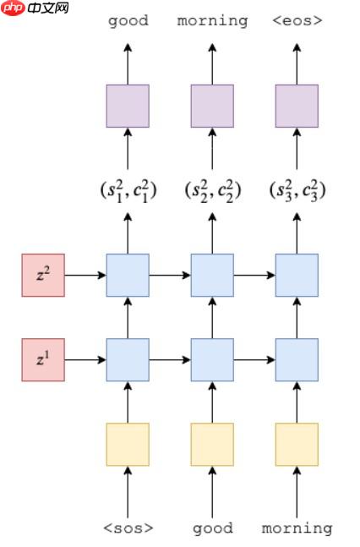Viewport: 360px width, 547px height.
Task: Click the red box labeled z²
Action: click(43, 275)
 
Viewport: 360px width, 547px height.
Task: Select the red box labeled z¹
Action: click(43, 359)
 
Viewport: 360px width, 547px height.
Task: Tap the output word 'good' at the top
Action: click(128, 20)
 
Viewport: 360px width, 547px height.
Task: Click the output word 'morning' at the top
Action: click(212, 20)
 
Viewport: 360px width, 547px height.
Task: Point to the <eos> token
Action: click(297, 20)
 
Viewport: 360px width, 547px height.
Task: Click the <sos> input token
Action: click(128, 528)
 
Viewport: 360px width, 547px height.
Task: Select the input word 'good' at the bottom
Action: click(212, 528)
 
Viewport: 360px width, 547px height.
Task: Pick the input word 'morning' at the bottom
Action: click(297, 528)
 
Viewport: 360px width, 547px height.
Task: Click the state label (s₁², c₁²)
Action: click(128, 190)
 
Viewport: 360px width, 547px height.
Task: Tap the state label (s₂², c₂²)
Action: click(212, 190)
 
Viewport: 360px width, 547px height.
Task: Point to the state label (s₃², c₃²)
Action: click(297, 190)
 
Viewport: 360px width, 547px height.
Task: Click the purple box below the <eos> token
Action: click(297, 106)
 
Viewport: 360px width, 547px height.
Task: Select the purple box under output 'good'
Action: click(128, 106)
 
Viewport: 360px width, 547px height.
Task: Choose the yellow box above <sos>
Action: click(128, 444)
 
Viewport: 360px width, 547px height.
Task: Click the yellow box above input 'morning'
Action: click(297, 444)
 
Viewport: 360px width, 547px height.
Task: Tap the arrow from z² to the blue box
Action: click(85, 275)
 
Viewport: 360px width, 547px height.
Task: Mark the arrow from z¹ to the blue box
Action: click(85, 359)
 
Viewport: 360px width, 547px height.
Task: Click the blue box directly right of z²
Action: click(128, 275)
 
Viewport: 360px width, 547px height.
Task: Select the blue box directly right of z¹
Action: click(128, 359)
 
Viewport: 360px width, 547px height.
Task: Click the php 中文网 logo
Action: click(35, 8)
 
